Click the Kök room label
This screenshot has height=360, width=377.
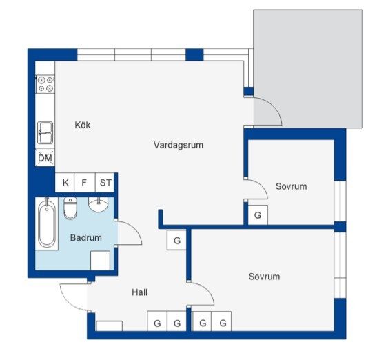[x=83, y=125]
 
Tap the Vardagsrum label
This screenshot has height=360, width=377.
[x=179, y=145]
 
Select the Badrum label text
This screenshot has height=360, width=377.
[x=86, y=238]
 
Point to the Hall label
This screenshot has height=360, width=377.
[x=139, y=292]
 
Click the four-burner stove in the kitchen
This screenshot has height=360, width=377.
[x=45, y=84]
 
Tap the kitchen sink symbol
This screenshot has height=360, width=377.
[x=45, y=132]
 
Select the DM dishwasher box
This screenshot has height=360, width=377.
[x=45, y=158]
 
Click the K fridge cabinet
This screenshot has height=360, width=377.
[x=65, y=183]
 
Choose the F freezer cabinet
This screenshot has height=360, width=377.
[x=85, y=183]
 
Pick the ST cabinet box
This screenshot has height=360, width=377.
[x=105, y=183]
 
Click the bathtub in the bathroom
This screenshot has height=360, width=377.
[x=47, y=223]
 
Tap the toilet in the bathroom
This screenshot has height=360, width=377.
[x=70, y=208]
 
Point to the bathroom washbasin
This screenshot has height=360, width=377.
[x=98, y=205]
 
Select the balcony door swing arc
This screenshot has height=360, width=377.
[x=274, y=106]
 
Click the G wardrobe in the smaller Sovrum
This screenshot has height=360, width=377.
[x=258, y=215]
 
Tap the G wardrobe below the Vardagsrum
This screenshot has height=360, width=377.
[x=176, y=240]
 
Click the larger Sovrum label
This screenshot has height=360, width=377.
[x=264, y=277]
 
